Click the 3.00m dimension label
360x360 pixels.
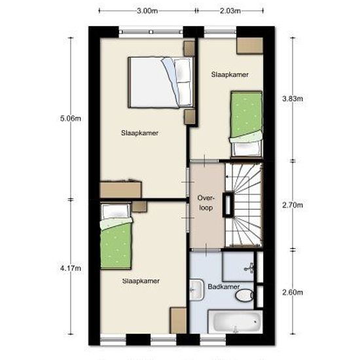(x=147, y=10)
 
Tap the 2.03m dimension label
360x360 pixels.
(x=230, y=10)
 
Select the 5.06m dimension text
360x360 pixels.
(x=71, y=118)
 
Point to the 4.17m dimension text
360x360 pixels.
(x=71, y=268)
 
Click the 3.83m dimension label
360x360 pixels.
(x=293, y=99)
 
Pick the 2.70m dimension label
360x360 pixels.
(x=293, y=205)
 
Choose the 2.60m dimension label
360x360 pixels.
(x=293, y=293)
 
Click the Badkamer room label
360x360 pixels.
(x=224, y=287)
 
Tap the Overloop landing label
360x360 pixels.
(x=206, y=203)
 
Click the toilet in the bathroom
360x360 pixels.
(x=245, y=295)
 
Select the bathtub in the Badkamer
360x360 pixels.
(x=235, y=321)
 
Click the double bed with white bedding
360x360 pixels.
(x=161, y=82)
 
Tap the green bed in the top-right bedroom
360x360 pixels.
(x=246, y=124)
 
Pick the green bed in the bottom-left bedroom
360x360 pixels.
(x=116, y=236)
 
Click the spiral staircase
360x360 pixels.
(x=244, y=205)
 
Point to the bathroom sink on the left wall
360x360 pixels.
(x=196, y=290)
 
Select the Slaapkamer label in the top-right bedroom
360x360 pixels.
(x=230, y=75)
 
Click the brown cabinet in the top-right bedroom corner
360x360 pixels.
(x=250, y=46)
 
